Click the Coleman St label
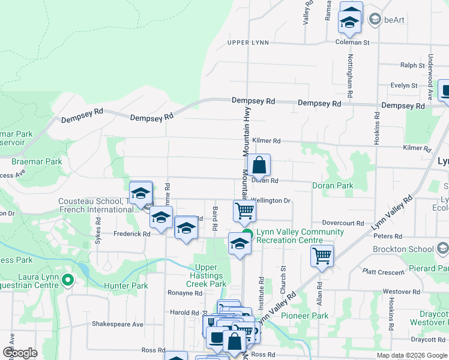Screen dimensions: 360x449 click(x=352, y=43)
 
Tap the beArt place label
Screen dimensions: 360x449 click(x=394, y=20)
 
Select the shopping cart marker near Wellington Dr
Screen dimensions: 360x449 click(x=245, y=211)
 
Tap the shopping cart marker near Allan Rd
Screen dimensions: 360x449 click(x=322, y=255)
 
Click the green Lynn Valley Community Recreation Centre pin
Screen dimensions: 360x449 click(x=247, y=235)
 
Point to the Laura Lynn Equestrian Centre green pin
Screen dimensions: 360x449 click(x=68, y=280)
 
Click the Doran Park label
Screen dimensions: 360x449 click(x=333, y=186)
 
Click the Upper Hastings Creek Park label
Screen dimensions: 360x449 click(x=210, y=275)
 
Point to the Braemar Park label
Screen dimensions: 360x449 click(x=37, y=162)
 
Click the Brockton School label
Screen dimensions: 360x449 click(x=402, y=249)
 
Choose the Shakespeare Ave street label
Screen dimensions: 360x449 click(x=118, y=324)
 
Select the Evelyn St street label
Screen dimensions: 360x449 click(x=403, y=86)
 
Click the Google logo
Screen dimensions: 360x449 click(x=20, y=353)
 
